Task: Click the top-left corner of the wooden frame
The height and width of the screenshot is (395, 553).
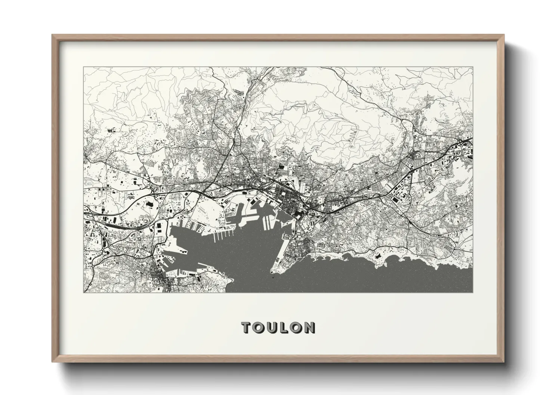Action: (x=52, y=35)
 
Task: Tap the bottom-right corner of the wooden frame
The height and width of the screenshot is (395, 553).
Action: (x=504, y=362)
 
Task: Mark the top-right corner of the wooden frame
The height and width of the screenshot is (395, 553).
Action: (x=504, y=35)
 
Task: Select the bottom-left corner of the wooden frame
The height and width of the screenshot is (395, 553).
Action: (x=52, y=362)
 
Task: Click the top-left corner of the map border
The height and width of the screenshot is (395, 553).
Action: (x=84, y=67)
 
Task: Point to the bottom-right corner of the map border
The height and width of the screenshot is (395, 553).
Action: (x=473, y=292)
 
